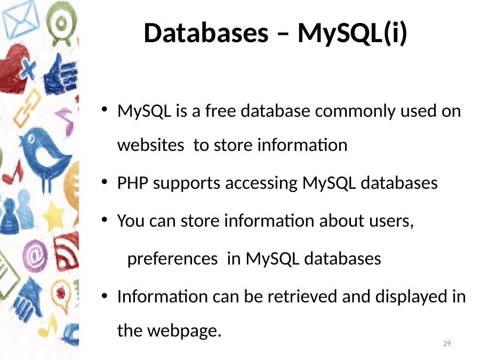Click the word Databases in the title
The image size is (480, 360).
click(206, 33)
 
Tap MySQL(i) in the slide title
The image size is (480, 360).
click(353, 34)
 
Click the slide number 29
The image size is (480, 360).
click(447, 344)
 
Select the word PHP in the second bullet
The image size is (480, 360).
click(133, 183)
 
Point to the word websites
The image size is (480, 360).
click(150, 145)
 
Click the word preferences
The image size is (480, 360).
click(172, 259)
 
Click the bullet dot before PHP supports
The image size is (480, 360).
click(105, 182)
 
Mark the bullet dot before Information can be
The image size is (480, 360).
click(105, 295)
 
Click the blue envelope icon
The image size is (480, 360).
click(21, 19)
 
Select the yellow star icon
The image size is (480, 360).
click(53, 217)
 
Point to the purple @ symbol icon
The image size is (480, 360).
click(35, 256)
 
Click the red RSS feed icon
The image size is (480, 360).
click(67, 252)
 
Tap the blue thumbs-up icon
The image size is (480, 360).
click(61, 76)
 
